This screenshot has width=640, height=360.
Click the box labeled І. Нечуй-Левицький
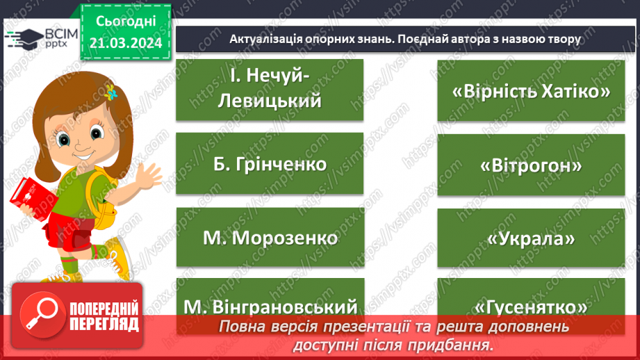tap(270, 90)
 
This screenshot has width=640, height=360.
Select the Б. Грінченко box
tap(270, 163)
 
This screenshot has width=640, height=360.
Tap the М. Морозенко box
tap(270, 237)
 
